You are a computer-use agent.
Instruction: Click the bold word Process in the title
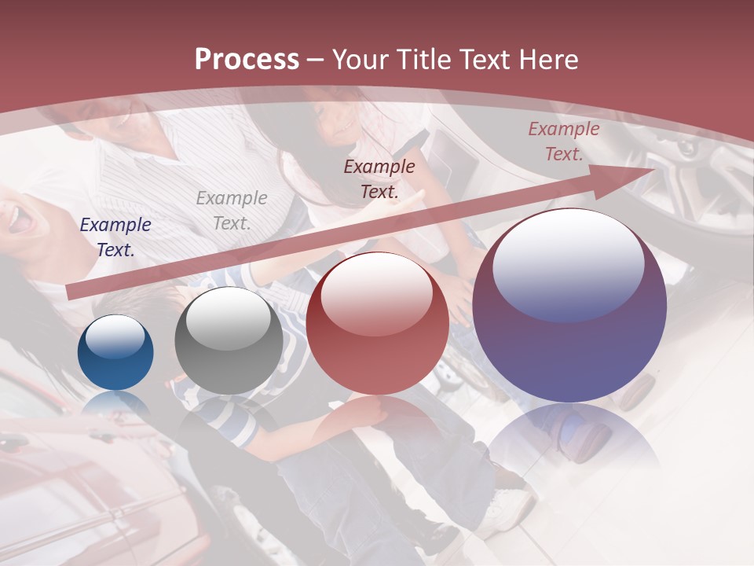point(247,60)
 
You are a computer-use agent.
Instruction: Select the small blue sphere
point(115,353)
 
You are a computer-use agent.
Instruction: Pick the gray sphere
point(229,341)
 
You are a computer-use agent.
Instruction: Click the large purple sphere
point(569,307)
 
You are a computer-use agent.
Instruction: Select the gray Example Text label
point(232,211)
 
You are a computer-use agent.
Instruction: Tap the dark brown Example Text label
point(379,178)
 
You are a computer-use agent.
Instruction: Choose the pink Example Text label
point(563,141)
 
